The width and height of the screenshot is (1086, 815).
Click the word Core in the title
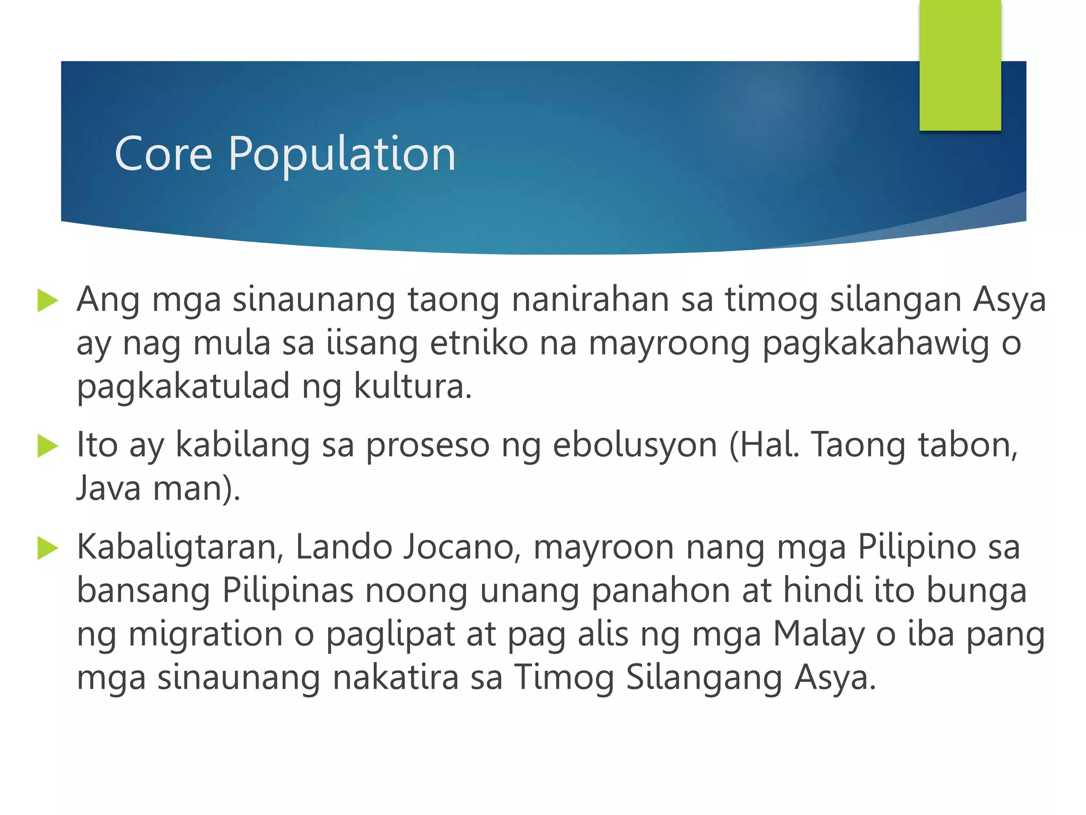[163, 154]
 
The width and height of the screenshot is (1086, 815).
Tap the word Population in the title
[342, 155]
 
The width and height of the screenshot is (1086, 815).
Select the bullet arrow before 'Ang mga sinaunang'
[48, 301]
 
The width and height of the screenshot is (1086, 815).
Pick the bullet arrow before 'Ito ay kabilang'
[48, 446]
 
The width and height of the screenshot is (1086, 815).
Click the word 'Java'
[109, 488]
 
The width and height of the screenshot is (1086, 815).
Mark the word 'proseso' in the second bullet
[427, 446]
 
